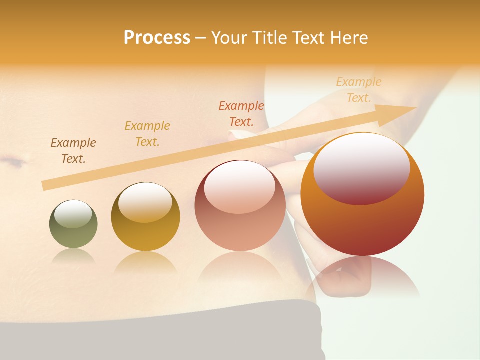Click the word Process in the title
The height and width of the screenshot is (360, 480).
point(157,38)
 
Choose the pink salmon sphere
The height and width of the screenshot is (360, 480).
point(240,205)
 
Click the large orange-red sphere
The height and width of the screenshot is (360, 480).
point(362,194)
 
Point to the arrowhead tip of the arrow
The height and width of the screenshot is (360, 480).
point(415,108)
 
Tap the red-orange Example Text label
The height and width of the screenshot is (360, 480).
point(241,114)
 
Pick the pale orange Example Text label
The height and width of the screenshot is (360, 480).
point(359,90)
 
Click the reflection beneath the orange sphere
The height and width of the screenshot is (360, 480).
point(362,277)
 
